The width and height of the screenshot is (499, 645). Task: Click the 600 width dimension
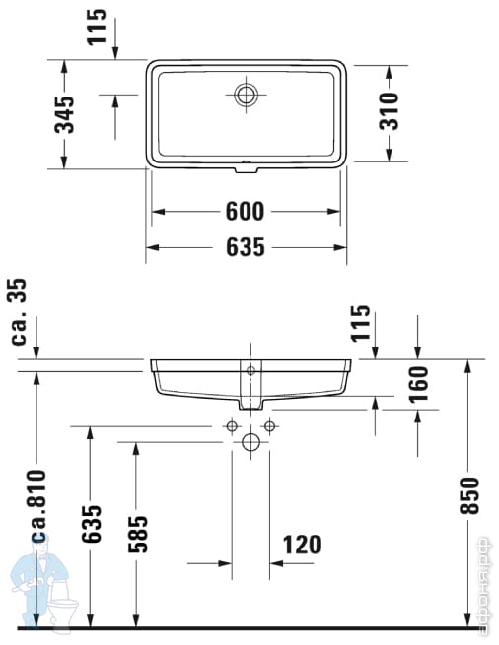[x=246, y=211]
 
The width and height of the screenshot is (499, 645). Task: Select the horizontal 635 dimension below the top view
[x=246, y=247]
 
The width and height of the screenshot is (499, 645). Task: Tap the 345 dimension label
[x=64, y=114]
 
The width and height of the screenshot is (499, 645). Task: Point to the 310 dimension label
[x=390, y=111]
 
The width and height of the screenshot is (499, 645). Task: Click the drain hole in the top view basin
[x=247, y=96]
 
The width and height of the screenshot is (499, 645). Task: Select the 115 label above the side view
[x=361, y=323]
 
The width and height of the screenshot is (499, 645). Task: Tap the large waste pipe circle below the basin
[x=250, y=443]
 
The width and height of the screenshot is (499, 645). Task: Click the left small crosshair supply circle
[x=232, y=426]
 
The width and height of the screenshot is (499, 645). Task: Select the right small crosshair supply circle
[x=268, y=426]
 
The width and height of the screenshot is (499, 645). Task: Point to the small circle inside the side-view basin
[x=250, y=370]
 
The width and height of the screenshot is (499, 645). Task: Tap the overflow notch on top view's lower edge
[x=247, y=165]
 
